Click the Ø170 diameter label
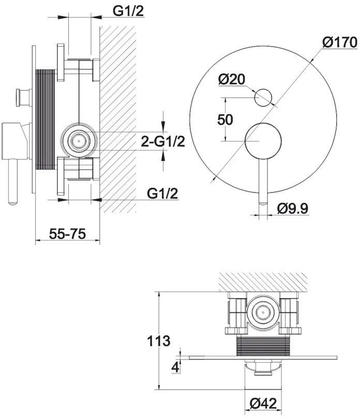(340, 42)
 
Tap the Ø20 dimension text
(231, 79)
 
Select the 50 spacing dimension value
(225, 119)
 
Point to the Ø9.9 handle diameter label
(293, 208)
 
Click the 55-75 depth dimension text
(67, 234)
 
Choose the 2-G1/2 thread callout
(163, 141)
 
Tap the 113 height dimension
(159, 341)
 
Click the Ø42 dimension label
(263, 403)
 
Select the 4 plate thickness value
(175, 367)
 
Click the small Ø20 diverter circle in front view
(263, 98)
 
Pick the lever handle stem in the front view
(263, 182)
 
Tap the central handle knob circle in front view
(263, 141)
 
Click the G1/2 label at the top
(128, 11)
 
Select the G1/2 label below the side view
(162, 193)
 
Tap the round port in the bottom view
(263, 312)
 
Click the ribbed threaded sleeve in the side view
(46, 119)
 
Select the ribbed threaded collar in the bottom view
(263, 346)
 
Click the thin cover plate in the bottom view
(263, 357)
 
